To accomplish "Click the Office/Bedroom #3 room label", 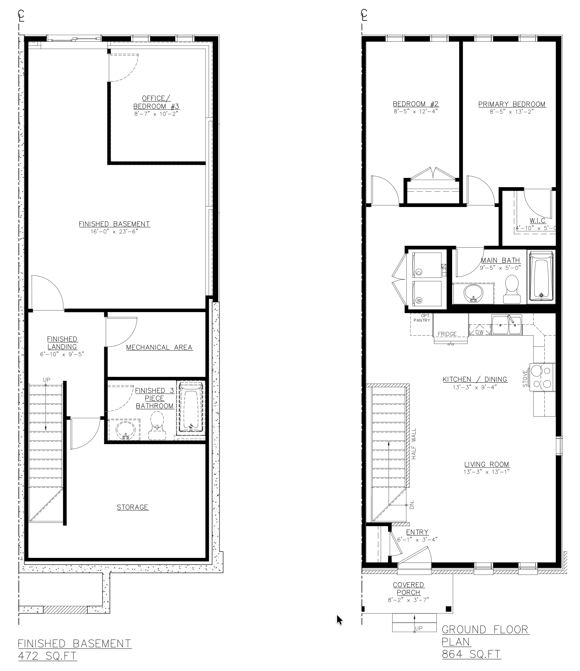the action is (x=156, y=102).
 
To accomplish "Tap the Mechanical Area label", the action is (x=159, y=347).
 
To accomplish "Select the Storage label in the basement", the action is (x=132, y=507).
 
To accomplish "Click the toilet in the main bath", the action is (x=512, y=289).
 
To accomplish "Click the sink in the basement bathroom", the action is (x=124, y=430).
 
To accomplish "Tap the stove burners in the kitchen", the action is (x=542, y=377).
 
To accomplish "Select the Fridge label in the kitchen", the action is (x=447, y=334).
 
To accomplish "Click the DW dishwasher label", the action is (x=479, y=332).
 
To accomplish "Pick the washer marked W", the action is (x=427, y=294).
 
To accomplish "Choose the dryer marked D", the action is (x=427, y=265).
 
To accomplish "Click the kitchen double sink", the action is (x=507, y=325).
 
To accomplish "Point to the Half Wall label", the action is (x=414, y=444).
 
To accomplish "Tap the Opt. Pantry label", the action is (x=422, y=318).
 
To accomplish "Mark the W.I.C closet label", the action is (x=538, y=220).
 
